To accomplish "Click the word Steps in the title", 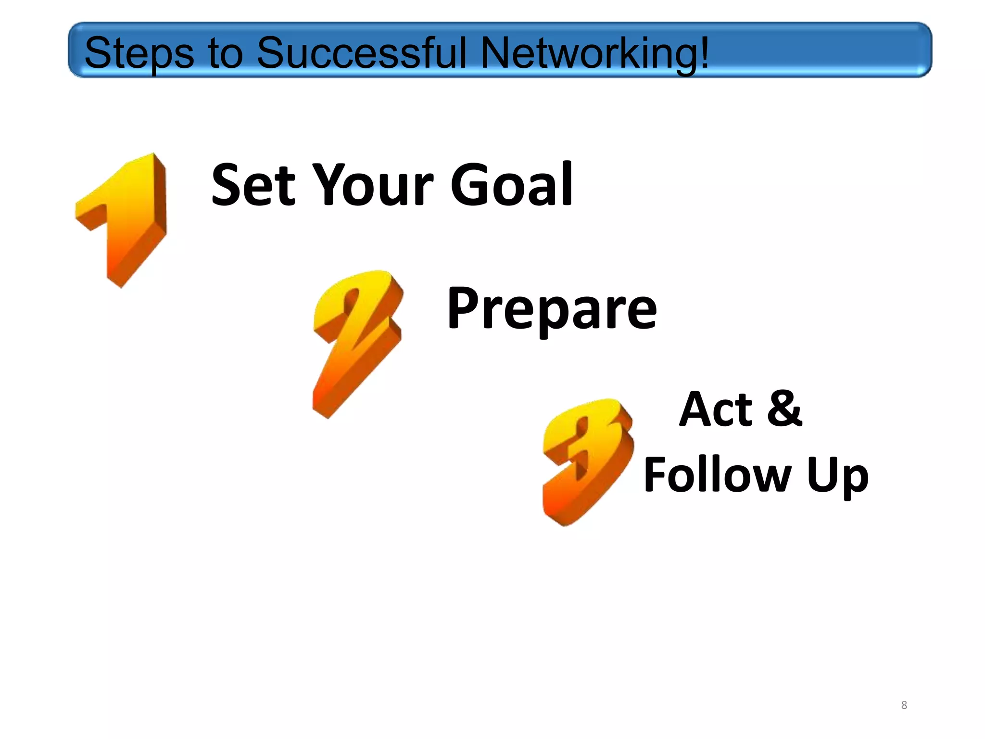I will [139, 53].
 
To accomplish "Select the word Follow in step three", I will [717, 475].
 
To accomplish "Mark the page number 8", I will [904, 705].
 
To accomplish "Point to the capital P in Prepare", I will [464, 308].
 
